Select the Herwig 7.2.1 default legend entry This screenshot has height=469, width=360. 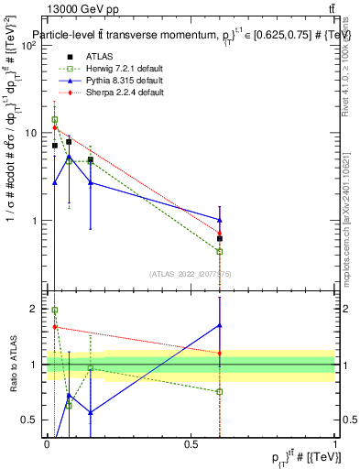[x=114, y=70]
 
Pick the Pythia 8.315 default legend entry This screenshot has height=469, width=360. [x=114, y=81]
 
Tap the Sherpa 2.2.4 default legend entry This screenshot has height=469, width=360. [x=114, y=93]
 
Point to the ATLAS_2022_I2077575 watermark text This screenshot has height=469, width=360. [x=191, y=273]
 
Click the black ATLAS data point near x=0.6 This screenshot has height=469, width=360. [x=220, y=239]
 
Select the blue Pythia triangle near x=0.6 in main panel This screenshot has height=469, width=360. [x=220, y=220]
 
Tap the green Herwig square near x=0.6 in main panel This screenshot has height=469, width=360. [x=220, y=251]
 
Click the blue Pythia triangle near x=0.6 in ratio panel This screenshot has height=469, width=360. [x=220, y=325]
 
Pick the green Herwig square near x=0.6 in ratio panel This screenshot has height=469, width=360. [x=220, y=391]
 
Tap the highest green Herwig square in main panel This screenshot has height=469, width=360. [x=54, y=120]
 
